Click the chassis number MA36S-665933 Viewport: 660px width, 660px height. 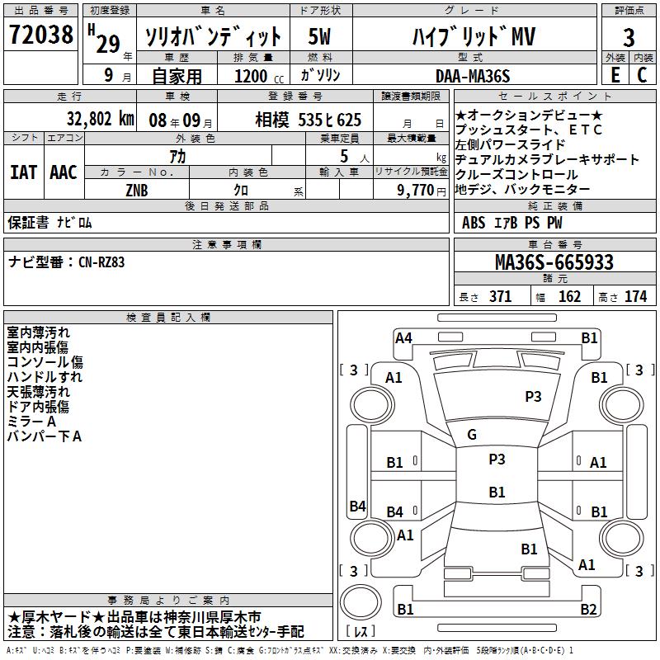coord(554,262)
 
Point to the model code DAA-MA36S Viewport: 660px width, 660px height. coord(473,76)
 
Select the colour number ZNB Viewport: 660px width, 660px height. coord(137,190)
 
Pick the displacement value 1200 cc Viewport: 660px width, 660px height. coord(252,76)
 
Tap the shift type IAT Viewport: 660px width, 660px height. coord(23,172)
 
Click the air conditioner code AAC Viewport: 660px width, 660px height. coord(64,172)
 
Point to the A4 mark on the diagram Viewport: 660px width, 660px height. coord(403,337)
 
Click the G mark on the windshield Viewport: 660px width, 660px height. coord(472,435)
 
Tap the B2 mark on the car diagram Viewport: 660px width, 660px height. coord(588,610)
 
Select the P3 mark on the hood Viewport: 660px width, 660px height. coord(533,397)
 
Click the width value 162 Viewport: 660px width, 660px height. coord(569,297)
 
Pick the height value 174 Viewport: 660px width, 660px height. coord(635,297)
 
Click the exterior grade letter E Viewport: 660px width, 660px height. coord(615,74)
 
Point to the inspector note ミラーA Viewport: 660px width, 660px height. coord(31,422)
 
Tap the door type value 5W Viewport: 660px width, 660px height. coord(320,36)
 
